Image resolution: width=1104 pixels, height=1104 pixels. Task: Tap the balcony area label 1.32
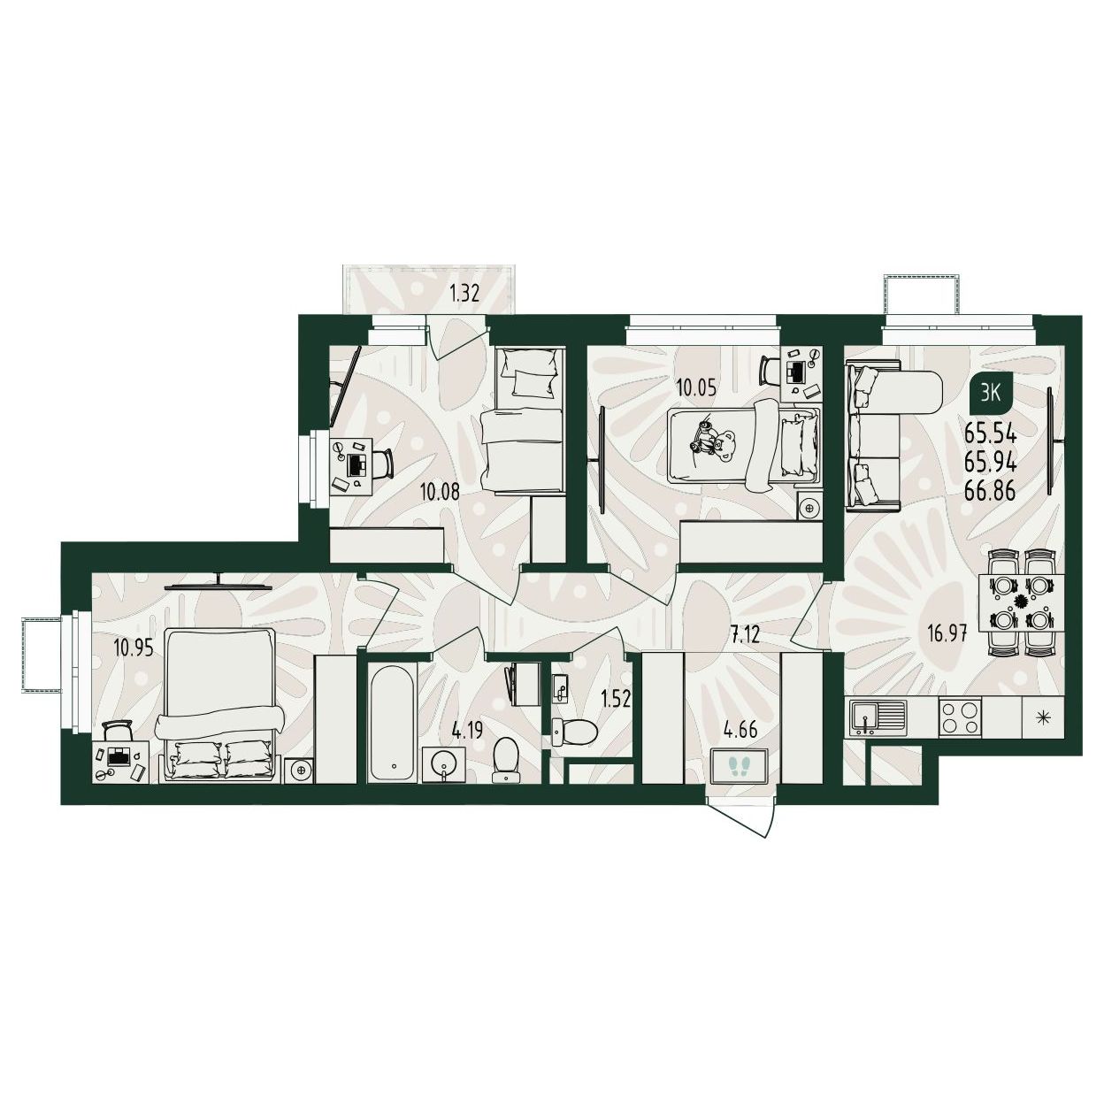point(464,295)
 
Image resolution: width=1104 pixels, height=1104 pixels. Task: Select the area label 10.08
point(440,492)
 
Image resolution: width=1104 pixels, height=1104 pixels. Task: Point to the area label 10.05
point(695,389)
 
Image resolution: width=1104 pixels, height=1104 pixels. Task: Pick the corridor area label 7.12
point(745,635)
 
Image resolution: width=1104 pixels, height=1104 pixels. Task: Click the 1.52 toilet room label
point(616,700)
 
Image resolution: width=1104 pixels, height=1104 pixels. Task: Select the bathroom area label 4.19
point(468,731)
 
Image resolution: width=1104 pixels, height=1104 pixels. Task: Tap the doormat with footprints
point(739,767)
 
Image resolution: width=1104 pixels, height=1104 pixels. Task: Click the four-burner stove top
point(960,717)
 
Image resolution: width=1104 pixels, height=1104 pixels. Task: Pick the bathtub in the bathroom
point(393,721)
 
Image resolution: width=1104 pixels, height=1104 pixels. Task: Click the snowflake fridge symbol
point(1045,717)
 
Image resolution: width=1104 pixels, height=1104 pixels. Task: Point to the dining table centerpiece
point(1020,602)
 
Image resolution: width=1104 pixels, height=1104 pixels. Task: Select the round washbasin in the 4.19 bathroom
point(442,764)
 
